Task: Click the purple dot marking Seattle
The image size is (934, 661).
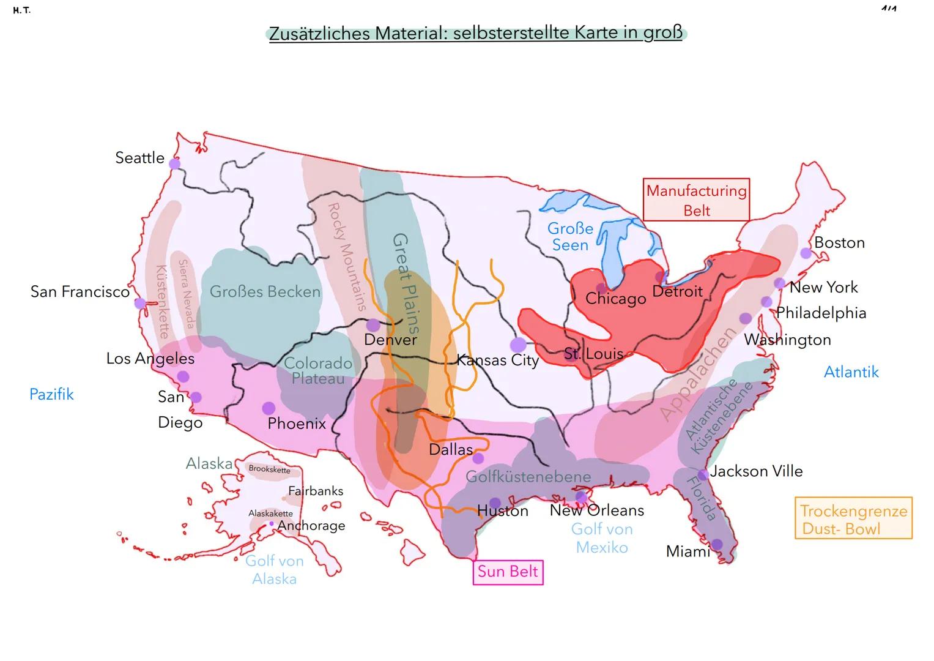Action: pyautogui.click(x=174, y=163)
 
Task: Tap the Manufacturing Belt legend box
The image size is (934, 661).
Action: pyautogui.click(x=696, y=200)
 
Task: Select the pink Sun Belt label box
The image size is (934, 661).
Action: pyautogui.click(x=508, y=572)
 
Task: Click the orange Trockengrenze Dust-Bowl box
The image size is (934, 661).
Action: pyautogui.click(x=853, y=519)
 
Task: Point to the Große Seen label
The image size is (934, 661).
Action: pyautogui.click(x=570, y=237)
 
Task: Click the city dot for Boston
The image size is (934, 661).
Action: pyautogui.click(x=806, y=253)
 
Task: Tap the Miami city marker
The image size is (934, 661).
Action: pyautogui.click(x=717, y=544)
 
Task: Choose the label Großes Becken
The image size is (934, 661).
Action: pyautogui.click(x=265, y=292)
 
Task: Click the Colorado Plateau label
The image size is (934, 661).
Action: pyautogui.click(x=318, y=371)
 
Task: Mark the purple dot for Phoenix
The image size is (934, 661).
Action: pyautogui.click(x=268, y=408)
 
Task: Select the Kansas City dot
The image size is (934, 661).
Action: pyautogui.click(x=518, y=345)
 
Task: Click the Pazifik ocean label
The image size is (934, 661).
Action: pyautogui.click(x=51, y=394)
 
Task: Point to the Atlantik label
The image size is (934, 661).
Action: pyautogui.click(x=851, y=372)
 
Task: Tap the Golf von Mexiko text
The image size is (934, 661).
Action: pyautogui.click(x=602, y=538)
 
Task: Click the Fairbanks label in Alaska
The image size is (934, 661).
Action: pyautogui.click(x=316, y=491)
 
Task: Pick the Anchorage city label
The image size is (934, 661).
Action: pyautogui.click(x=311, y=526)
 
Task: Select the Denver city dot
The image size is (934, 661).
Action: pyautogui.click(x=373, y=325)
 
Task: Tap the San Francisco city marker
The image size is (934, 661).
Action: pyautogui.click(x=140, y=303)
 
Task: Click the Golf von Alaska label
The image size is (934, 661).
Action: pyautogui.click(x=274, y=570)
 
